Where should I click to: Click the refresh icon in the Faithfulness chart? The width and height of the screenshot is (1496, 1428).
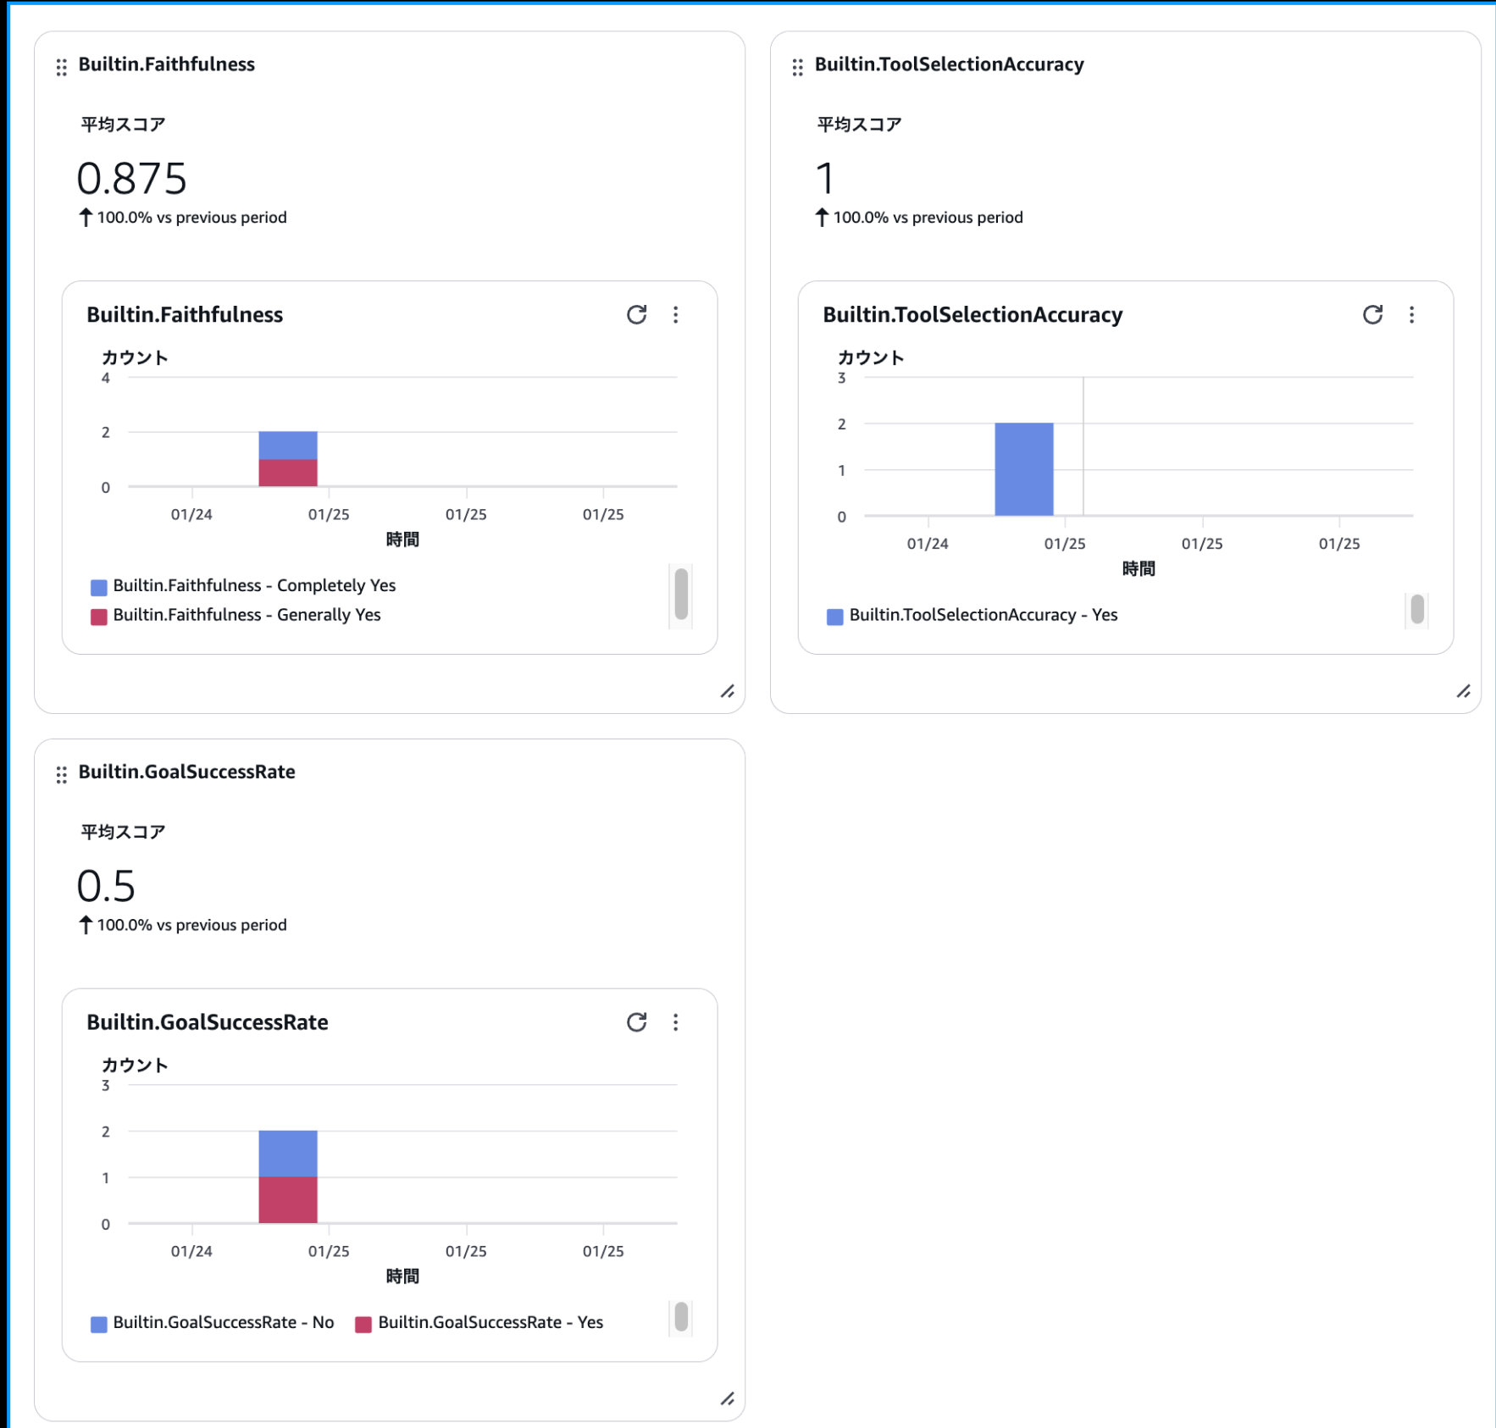(x=636, y=315)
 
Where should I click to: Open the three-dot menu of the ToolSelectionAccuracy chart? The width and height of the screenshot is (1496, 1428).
(x=1411, y=315)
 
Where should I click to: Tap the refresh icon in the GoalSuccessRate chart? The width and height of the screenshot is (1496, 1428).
(x=636, y=1022)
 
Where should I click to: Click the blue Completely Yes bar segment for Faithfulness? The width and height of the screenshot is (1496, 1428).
(x=288, y=446)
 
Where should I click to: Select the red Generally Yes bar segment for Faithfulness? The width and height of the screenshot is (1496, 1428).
(x=288, y=473)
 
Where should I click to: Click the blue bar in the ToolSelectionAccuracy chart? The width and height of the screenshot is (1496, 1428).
(x=1023, y=469)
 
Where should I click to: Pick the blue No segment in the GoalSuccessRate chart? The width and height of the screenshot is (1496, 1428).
(x=288, y=1154)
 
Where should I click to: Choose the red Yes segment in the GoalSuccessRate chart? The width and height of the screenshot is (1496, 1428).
(x=288, y=1200)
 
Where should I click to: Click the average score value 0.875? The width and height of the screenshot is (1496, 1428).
(x=131, y=179)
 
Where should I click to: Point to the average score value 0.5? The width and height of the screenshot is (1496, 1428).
(x=106, y=886)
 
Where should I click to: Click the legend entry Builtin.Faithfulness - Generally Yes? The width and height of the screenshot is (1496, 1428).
(x=246, y=615)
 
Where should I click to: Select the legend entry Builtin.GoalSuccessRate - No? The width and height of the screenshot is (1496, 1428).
(x=223, y=1323)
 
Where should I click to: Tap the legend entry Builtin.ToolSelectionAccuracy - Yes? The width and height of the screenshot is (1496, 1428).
(x=983, y=615)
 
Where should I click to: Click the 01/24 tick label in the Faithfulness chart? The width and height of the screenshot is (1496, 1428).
(x=191, y=514)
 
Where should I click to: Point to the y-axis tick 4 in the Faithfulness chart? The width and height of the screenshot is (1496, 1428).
(x=105, y=378)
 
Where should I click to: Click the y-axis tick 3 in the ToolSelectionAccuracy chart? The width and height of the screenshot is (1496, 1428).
(x=841, y=378)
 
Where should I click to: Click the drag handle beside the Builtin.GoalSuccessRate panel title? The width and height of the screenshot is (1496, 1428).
(x=61, y=774)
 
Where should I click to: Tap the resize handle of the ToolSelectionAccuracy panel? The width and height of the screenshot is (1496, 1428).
(x=1463, y=691)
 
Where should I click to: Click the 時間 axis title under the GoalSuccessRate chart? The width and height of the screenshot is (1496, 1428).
(x=402, y=1276)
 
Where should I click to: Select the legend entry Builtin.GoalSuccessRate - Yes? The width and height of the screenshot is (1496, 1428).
(x=490, y=1323)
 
